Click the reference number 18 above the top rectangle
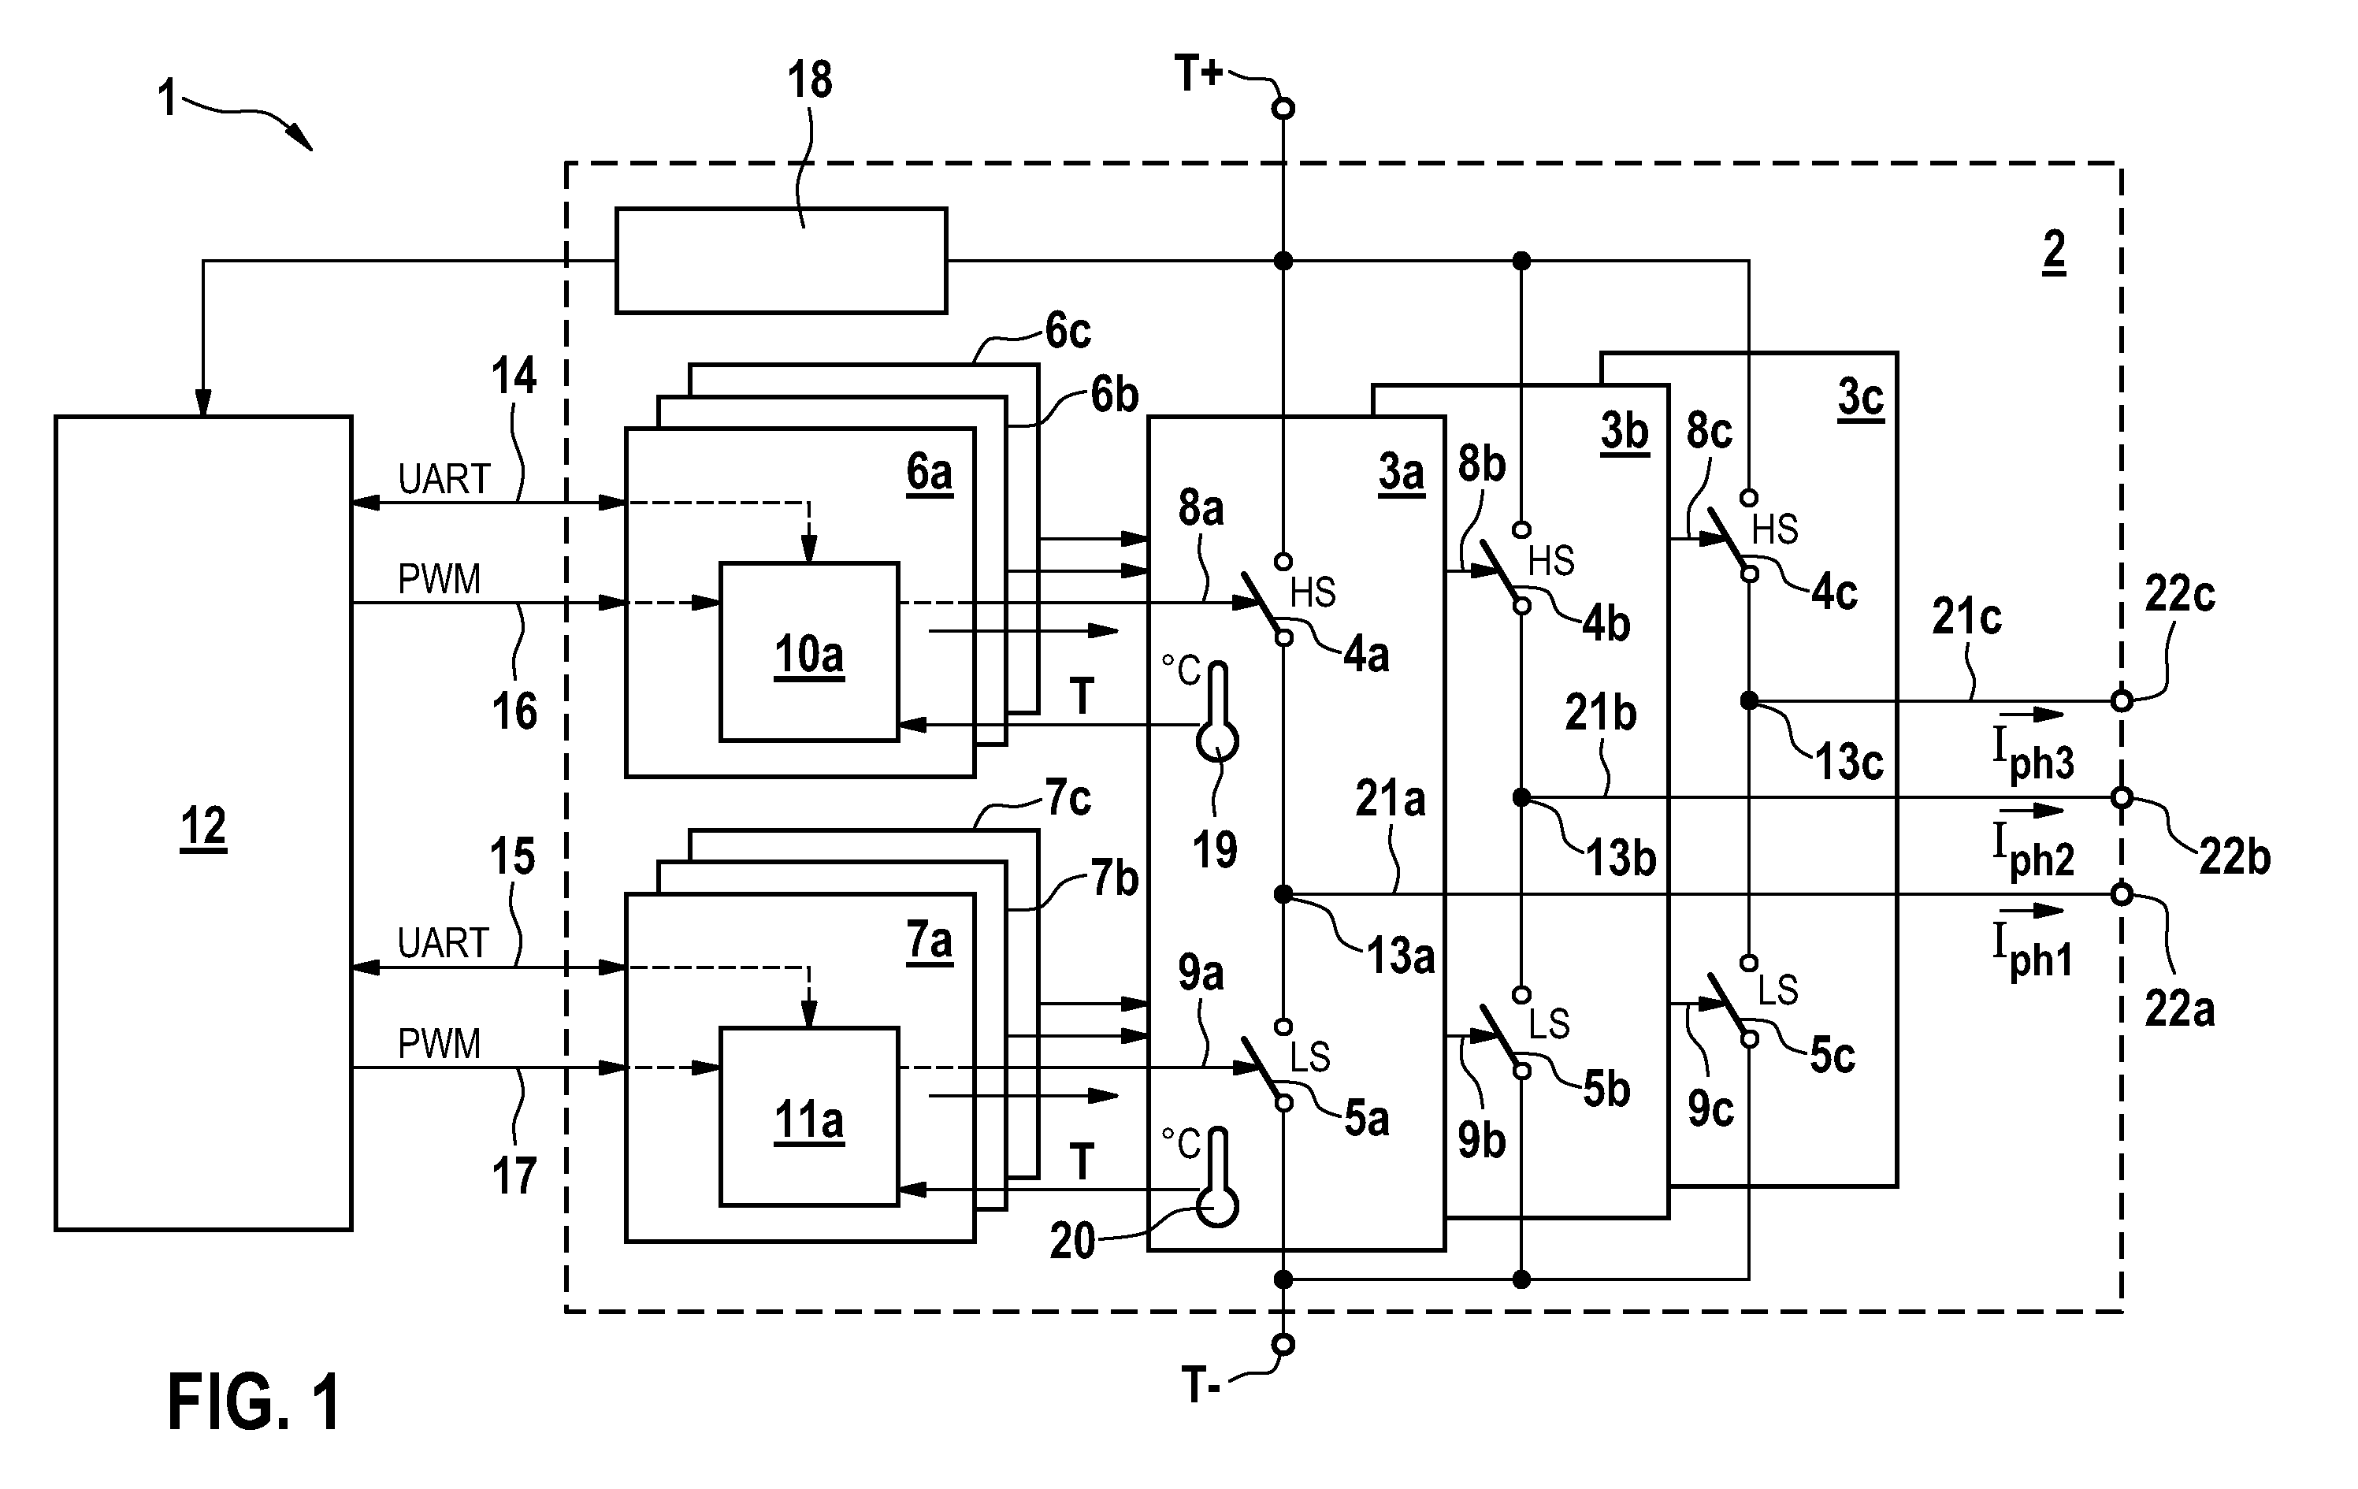810,80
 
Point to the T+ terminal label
1198,73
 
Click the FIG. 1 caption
254,1402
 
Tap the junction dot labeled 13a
1283,893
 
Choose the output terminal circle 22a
2121,893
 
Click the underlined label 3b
1625,432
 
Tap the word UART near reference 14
444,480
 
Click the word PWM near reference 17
439,1045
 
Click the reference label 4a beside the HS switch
1366,654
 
